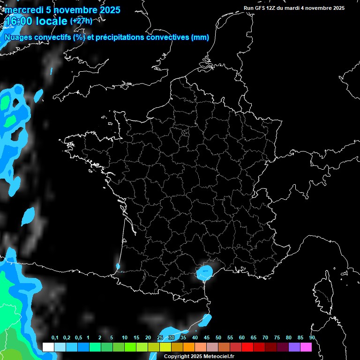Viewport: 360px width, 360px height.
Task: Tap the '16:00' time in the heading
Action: point(18,22)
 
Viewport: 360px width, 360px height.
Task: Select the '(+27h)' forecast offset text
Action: point(81,21)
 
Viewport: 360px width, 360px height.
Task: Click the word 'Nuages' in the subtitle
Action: point(19,37)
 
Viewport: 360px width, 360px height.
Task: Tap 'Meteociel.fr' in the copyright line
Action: point(219,356)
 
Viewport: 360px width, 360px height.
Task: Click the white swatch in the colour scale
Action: point(48,347)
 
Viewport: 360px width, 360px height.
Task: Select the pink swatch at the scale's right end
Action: point(306,347)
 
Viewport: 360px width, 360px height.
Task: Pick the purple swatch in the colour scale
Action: point(294,347)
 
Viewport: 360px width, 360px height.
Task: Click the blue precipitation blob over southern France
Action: point(205,271)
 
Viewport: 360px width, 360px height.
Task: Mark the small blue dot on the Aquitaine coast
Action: point(118,267)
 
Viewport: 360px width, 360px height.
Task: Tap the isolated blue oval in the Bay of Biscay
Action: point(29,216)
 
